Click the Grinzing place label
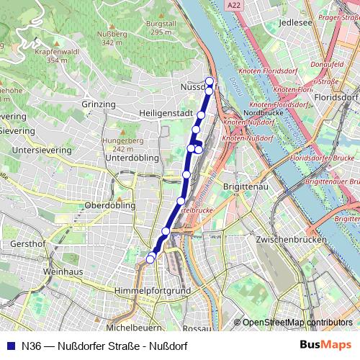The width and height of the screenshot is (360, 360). [99, 104]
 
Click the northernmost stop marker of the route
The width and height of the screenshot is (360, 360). [210, 81]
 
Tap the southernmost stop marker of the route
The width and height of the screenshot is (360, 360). [150, 259]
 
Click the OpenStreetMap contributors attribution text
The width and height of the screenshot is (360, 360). [297, 323]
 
